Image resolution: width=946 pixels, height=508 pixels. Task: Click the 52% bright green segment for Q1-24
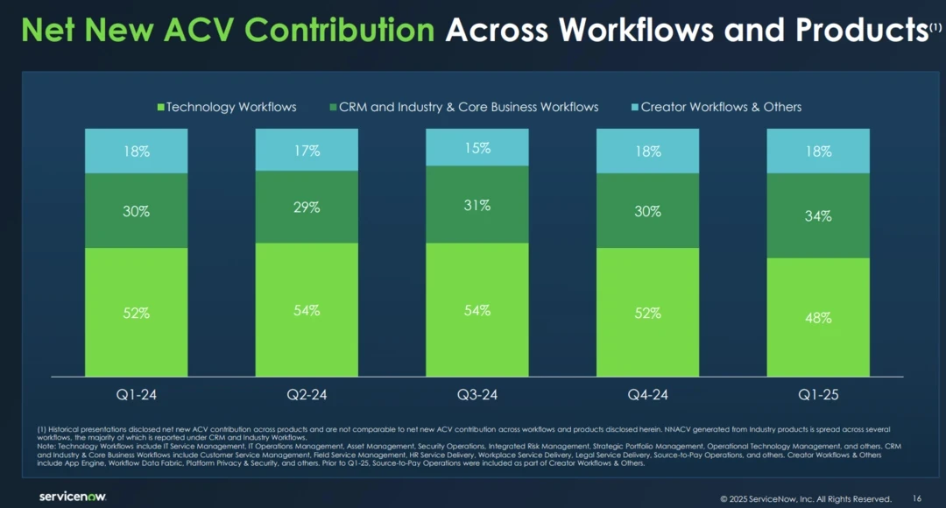coord(136,312)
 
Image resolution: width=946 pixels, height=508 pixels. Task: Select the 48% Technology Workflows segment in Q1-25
coord(818,317)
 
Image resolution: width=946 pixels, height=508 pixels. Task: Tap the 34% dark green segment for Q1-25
coord(818,215)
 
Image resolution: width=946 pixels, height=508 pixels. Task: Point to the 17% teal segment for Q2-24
coord(307,150)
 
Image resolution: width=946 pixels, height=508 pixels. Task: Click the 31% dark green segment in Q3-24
coord(477,204)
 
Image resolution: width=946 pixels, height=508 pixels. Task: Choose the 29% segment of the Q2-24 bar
coord(307,208)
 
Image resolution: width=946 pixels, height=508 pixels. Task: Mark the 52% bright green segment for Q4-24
coord(647,312)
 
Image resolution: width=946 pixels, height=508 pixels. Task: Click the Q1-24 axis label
coord(136,395)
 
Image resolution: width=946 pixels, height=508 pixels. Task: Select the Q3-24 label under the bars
coord(477,395)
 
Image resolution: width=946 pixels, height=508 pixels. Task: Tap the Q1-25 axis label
coord(818,395)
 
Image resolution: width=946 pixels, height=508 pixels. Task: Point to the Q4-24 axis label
coord(647,395)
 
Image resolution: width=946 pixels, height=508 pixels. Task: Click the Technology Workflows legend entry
coord(227,107)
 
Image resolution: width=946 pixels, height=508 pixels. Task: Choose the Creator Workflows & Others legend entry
coord(717,107)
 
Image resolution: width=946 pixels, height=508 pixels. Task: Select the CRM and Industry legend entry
coord(463,107)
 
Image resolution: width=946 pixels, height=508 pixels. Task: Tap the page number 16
coord(917,498)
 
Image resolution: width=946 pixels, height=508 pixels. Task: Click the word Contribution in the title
coord(339,30)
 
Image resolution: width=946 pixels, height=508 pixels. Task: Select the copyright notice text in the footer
coord(805,498)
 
